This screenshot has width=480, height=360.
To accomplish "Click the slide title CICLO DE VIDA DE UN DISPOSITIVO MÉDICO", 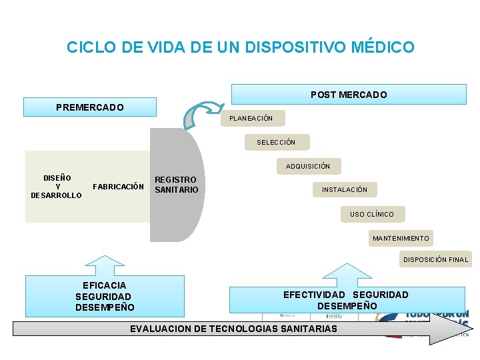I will click(x=240, y=47).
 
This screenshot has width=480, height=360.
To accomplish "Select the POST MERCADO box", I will click(x=349, y=95).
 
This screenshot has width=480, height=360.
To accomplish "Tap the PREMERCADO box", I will click(x=90, y=107).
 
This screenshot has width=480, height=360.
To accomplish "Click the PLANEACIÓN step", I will click(x=251, y=118).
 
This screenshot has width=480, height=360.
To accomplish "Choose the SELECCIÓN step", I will click(x=276, y=142).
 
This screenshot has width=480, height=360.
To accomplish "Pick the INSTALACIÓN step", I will click(x=345, y=190).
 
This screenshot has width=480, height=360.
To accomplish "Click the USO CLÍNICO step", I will click(x=372, y=214).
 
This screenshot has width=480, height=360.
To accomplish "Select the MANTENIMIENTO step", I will click(x=401, y=238).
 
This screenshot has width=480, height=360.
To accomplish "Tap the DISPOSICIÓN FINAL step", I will click(x=435, y=259).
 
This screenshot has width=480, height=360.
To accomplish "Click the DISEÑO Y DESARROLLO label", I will click(x=57, y=187).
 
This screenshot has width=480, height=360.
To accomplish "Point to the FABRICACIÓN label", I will click(x=118, y=187).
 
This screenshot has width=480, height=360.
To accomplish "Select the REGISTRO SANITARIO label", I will click(x=176, y=185).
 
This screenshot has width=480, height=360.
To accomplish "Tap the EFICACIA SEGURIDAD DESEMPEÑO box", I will click(x=105, y=296).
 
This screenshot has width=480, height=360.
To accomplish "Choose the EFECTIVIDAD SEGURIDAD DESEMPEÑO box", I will click(x=347, y=300).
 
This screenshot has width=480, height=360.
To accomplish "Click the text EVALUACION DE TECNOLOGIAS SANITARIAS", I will click(x=233, y=329).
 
